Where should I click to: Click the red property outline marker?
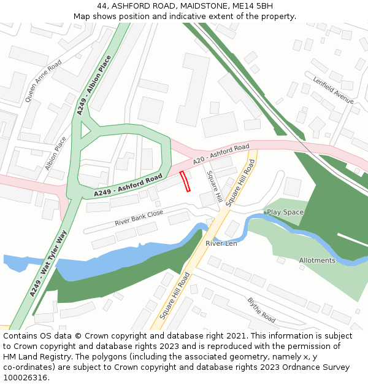click(185, 182)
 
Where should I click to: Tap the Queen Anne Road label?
click(43, 80)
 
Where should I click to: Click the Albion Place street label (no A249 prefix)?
click(56, 153)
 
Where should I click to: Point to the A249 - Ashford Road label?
click(128, 186)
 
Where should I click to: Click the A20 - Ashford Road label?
click(221, 154)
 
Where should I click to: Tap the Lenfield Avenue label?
click(333, 90)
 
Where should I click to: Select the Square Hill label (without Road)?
click(213, 187)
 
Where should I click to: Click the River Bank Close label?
click(139, 217)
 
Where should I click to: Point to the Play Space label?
click(285, 212)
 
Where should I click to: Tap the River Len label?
click(221, 243)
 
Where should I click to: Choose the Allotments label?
click(317, 261)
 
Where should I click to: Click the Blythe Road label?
click(261, 310)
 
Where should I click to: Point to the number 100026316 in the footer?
click(26, 378)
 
